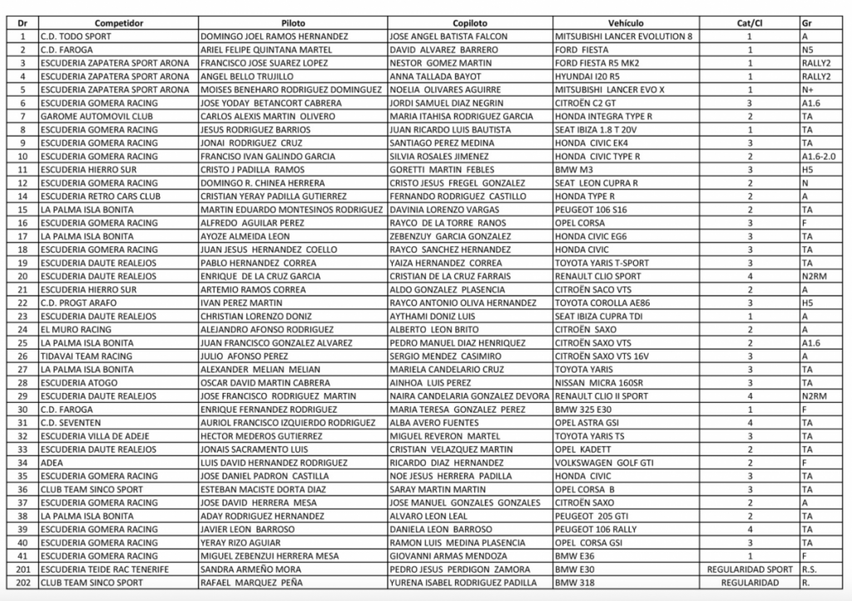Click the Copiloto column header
coord(470,22)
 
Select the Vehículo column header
coord(626,22)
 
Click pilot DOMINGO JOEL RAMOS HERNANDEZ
coord(275,36)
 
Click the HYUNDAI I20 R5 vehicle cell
coord(587,76)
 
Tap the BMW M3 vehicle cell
coord(575,169)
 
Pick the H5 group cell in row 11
coord(807,169)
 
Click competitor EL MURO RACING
coord(76,329)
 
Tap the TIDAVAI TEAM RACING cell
coord(86,355)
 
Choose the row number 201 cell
coord(22,569)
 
